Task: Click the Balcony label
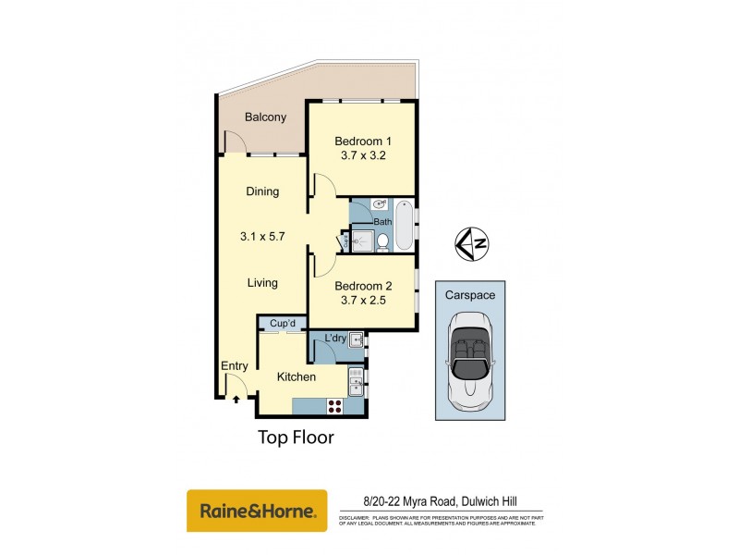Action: (265, 117)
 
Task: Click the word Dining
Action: (262, 191)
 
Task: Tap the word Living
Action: (262, 283)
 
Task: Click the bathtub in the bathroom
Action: (405, 225)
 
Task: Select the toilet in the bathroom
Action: (382, 242)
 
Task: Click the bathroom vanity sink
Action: (381, 204)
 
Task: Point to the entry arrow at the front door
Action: (236, 400)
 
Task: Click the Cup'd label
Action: (283, 324)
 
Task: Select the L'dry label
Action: (335, 339)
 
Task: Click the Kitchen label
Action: (297, 377)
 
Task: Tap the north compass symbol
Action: (472, 242)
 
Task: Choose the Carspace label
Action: (470, 295)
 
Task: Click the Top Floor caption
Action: (295, 438)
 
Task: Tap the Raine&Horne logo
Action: (257, 511)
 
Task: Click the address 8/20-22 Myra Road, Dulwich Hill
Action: (441, 501)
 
